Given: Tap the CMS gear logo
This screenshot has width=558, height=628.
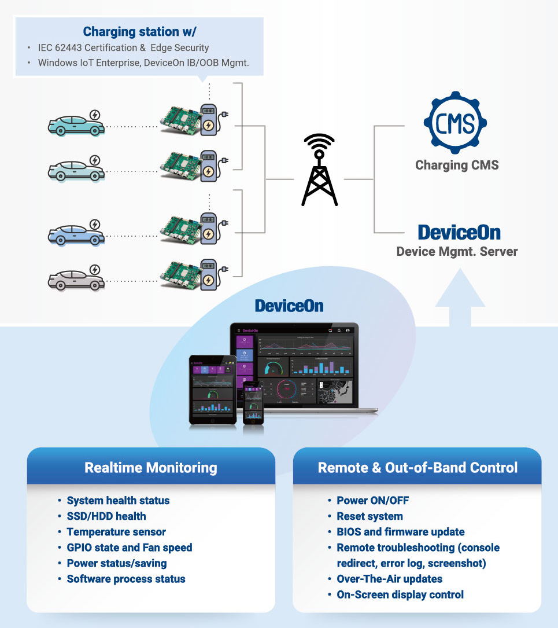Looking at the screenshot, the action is (x=455, y=123).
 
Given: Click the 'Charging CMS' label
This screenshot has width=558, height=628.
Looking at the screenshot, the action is (x=457, y=165).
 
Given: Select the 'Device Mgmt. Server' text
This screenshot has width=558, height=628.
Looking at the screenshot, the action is (x=457, y=252).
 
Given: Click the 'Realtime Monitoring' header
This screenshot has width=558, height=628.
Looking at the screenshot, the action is (x=151, y=468).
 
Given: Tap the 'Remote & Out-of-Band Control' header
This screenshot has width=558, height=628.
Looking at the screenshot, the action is (x=417, y=468).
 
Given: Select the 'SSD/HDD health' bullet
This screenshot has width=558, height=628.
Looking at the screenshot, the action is (x=106, y=516).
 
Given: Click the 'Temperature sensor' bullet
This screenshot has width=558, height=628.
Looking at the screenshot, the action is (x=116, y=532).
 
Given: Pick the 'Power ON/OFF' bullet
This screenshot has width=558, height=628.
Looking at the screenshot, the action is (x=373, y=501).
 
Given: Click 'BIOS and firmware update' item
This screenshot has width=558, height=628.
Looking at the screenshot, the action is (x=401, y=532).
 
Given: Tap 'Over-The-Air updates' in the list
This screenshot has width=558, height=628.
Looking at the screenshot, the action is (x=390, y=579).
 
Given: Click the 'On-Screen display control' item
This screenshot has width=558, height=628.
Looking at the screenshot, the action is (x=400, y=594).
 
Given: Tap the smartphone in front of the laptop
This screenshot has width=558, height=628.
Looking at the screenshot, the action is (x=253, y=402).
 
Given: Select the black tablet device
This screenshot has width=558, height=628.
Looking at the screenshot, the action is (x=213, y=389).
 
